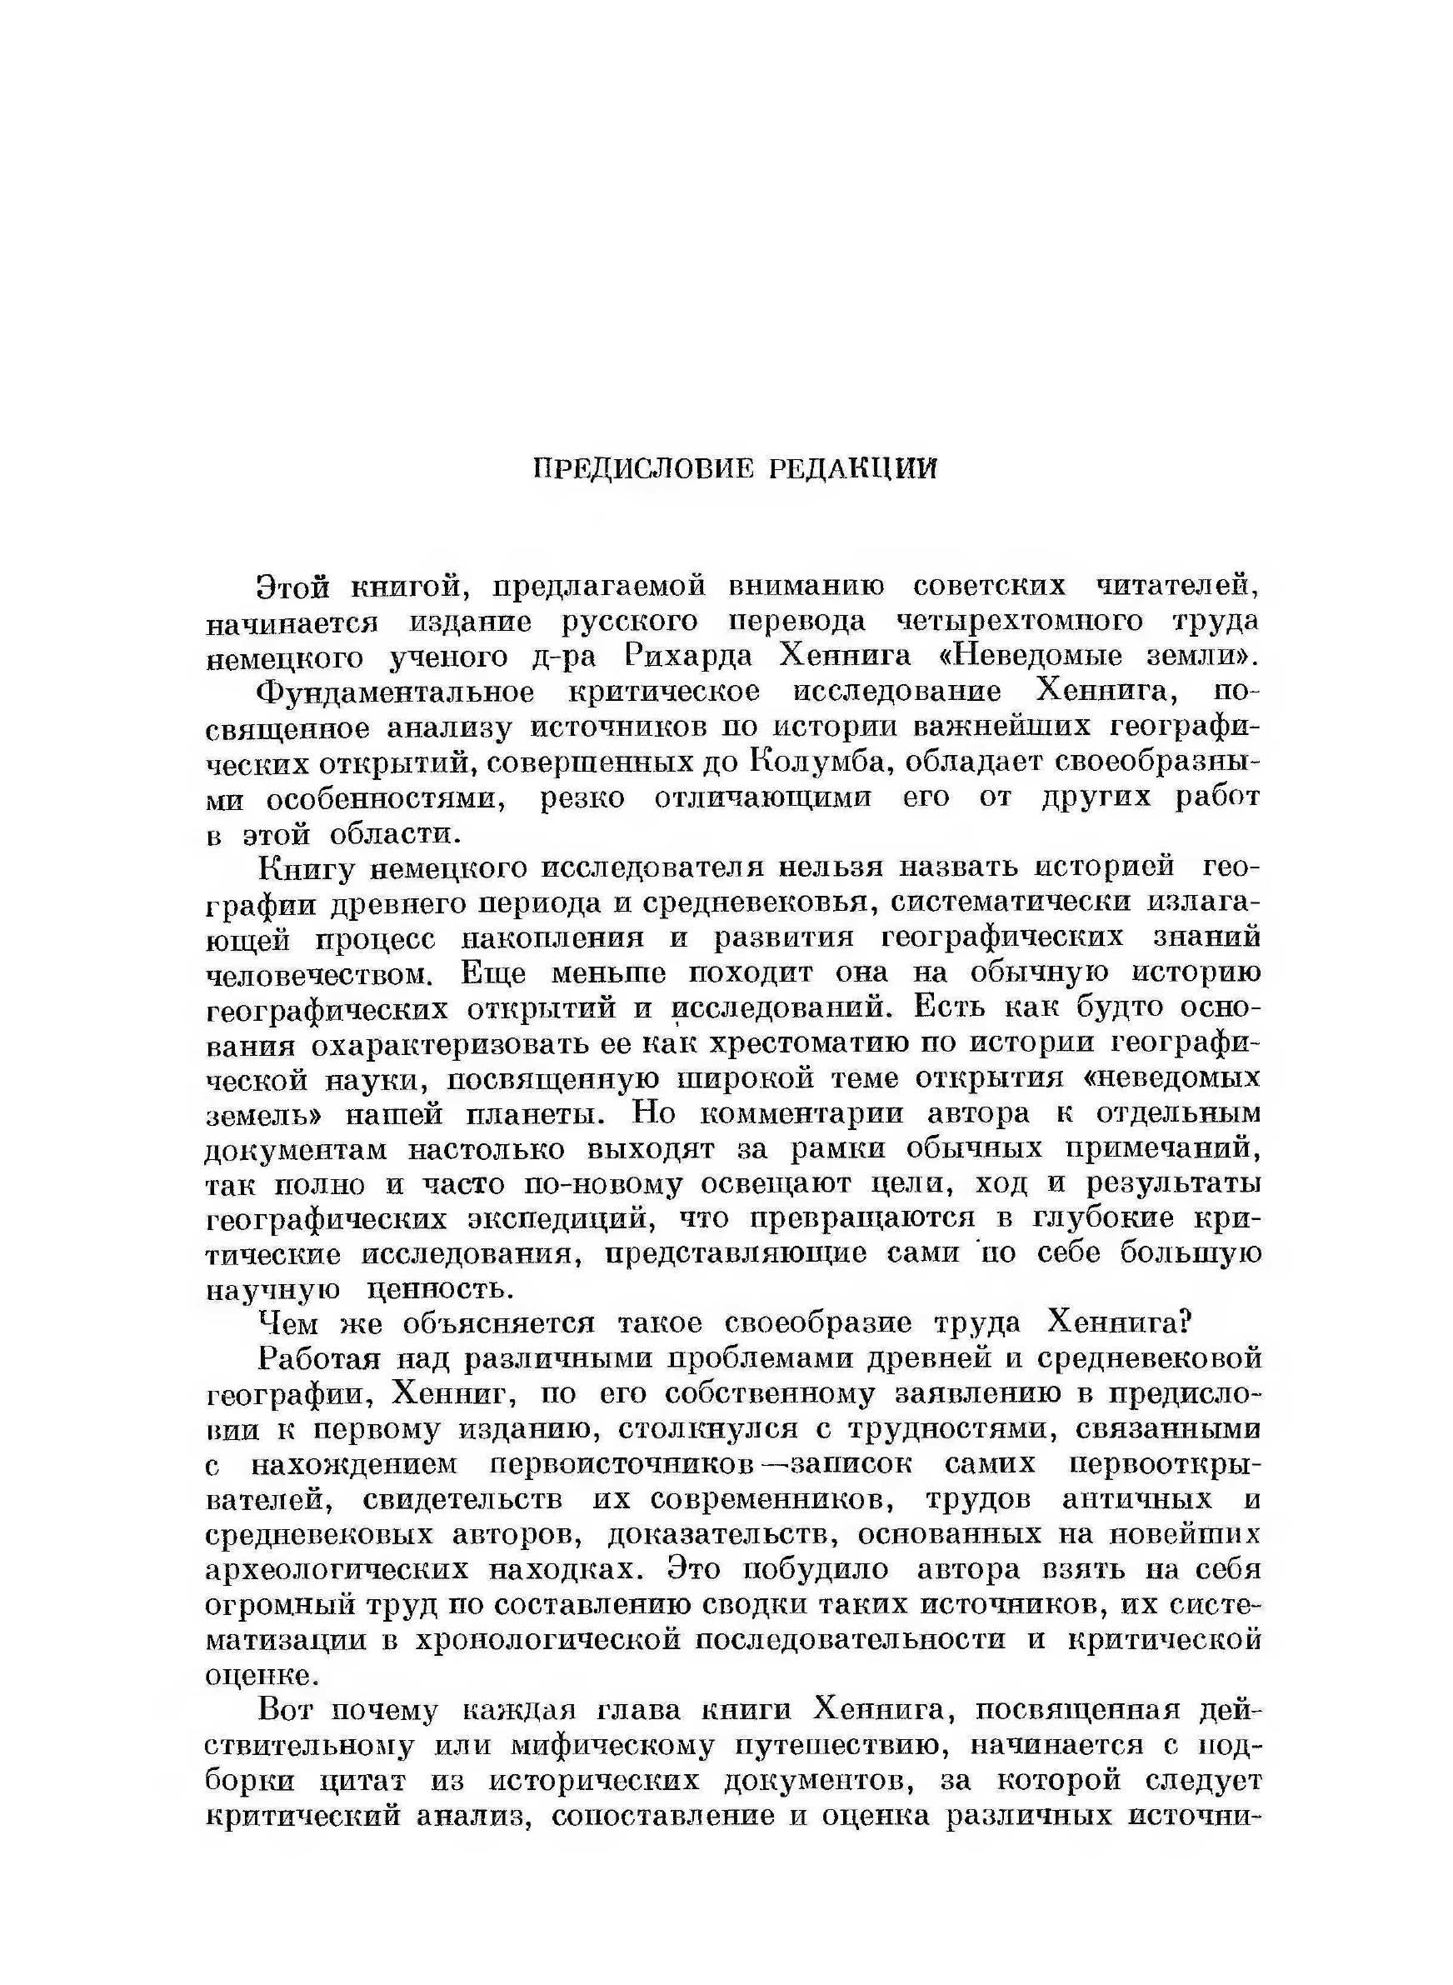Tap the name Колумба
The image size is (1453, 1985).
818,762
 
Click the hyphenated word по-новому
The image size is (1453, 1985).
602,1185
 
